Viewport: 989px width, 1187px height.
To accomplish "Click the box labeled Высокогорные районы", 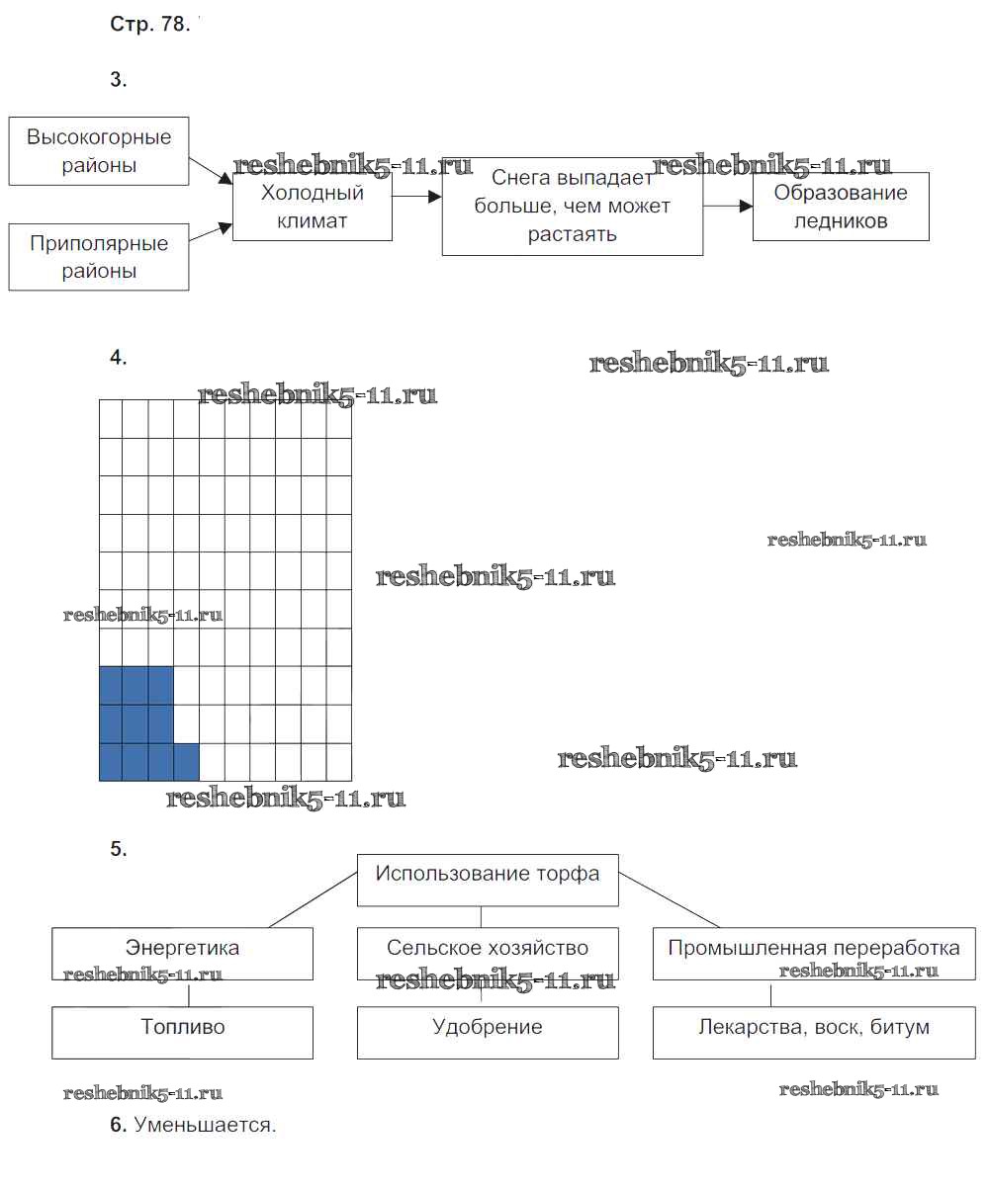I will (99, 150).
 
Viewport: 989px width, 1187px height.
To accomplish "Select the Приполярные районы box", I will (99, 257).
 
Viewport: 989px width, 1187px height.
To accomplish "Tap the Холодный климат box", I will (312, 207).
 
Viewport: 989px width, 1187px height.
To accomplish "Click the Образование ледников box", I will (841, 207).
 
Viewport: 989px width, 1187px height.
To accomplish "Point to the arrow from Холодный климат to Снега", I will (416, 198).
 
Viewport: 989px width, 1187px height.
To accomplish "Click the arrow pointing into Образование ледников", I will (728, 206).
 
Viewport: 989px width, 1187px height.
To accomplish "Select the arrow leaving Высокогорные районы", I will (211, 169).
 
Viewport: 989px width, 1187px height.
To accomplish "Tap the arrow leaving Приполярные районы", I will (211, 233).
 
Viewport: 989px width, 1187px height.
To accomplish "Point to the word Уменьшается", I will (205, 1125).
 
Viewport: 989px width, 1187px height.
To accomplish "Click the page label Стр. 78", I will (149, 26).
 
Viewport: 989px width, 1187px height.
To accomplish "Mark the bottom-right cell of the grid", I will (338, 762).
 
